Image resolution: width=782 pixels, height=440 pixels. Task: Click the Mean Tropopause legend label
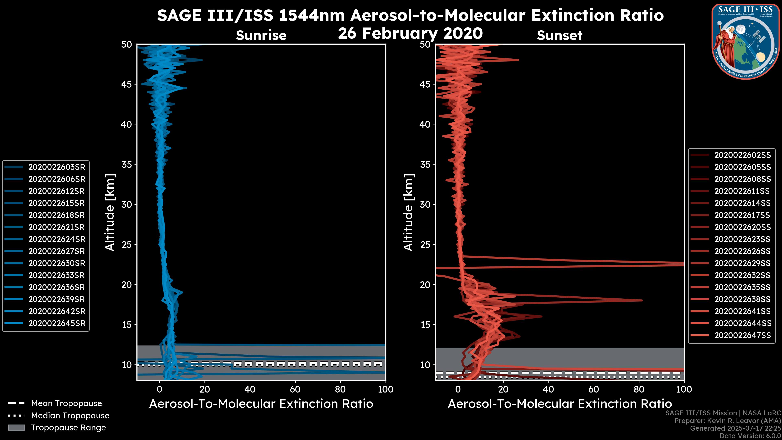coord(66,403)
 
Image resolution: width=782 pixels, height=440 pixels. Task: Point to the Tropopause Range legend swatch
coord(16,428)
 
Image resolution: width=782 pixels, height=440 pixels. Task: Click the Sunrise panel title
coord(261,35)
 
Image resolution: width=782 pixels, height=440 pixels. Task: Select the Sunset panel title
coord(559,35)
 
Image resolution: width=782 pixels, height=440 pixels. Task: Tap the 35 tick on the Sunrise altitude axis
coord(127,165)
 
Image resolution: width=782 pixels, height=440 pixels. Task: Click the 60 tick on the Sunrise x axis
coord(295,389)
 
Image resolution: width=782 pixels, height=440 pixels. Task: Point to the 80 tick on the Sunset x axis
coord(639,389)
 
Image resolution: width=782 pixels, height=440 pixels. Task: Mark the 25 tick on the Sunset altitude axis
coord(425,245)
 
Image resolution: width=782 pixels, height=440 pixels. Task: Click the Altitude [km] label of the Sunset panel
coord(408,212)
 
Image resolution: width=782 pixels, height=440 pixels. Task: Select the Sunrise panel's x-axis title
coord(261,404)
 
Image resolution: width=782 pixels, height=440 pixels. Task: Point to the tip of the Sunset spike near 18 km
coord(642,300)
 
